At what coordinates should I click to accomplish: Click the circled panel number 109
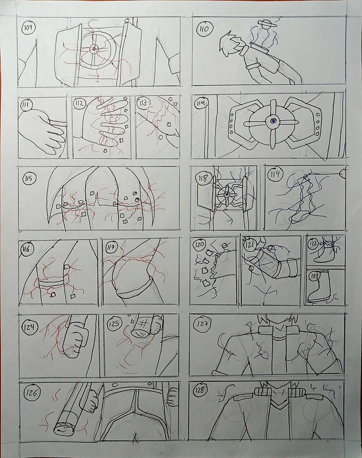pyautogui.click(x=29, y=28)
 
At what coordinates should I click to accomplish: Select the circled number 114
pyautogui.click(x=201, y=103)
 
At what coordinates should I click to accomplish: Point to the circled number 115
pyautogui.click(x=29, y=178)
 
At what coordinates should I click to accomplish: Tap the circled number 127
pyautogui.click(x=202, y=323)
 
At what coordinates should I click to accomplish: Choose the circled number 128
pyautogui.click(x=200, y=390)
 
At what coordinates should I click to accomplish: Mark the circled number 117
pyautogui.click(x=111, y=248)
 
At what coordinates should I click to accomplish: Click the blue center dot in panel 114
pyautogui.click(x=274, y=120)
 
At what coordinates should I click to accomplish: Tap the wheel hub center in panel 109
pyautogui.click(x=94, y=49)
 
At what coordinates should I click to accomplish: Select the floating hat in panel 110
pyautogui.click(x=267, y=23)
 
